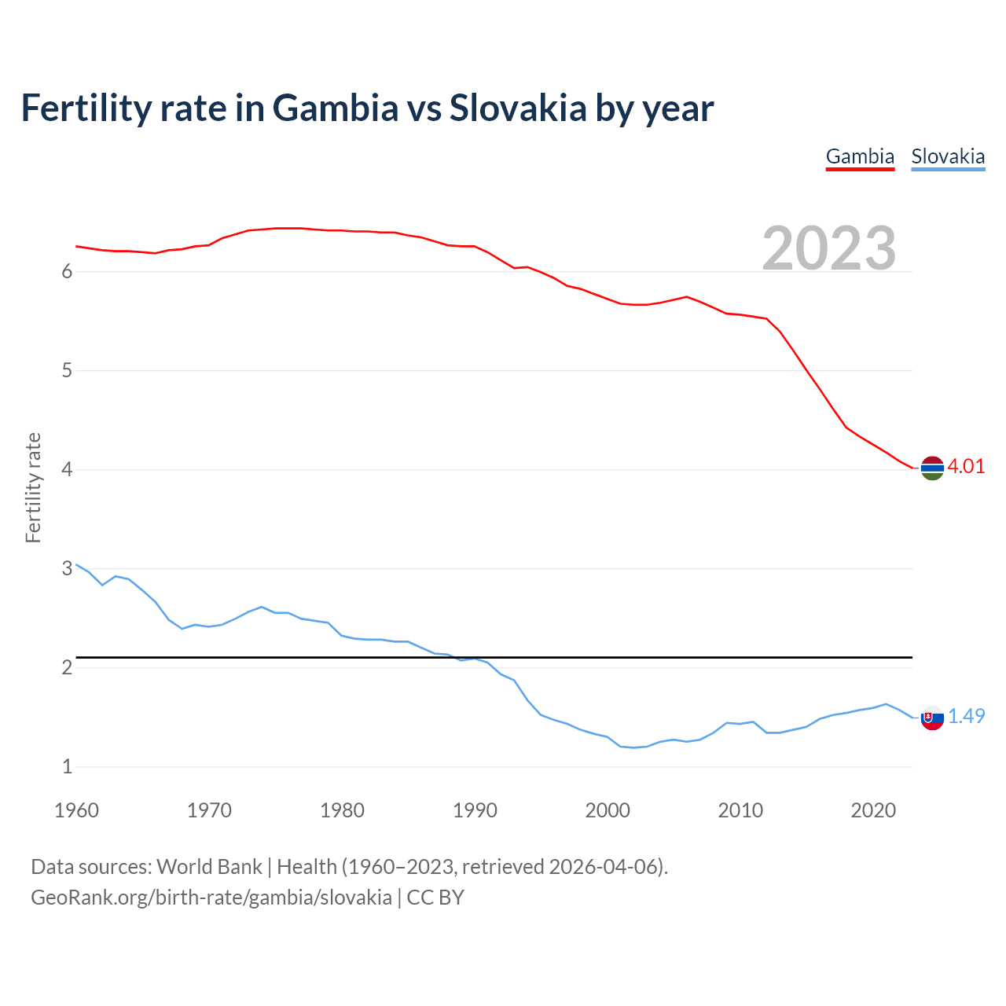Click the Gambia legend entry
[860, 156]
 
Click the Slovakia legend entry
[948, 156]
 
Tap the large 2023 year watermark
[829, 248]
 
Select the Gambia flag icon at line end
[932, 468]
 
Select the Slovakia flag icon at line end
[932, 718]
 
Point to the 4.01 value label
[966, 466]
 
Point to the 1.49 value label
[966, 716]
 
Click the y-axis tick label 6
[67, 272]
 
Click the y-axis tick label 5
[67, 370]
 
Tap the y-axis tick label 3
[67, 568]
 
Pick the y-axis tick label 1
[67, 766]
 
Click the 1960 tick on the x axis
[76, 810]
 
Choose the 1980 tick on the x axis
[342, 810]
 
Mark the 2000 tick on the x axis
[608, 810]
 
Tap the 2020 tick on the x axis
[873, 810]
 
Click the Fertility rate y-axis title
[33, 487]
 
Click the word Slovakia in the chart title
[518, 108]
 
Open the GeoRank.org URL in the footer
[211, 898]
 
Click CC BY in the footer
[435, 898]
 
